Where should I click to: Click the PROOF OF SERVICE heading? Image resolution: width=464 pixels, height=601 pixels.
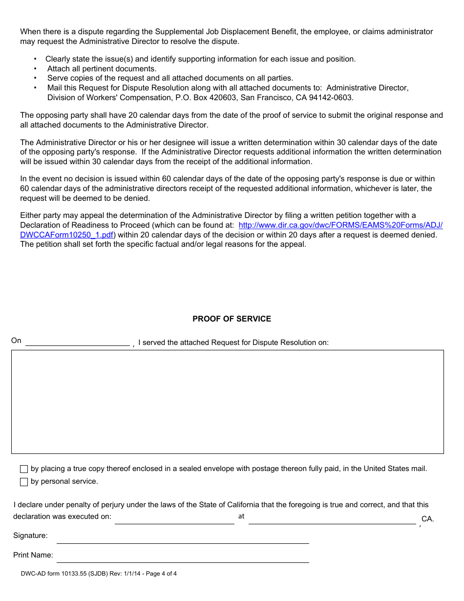[x=232, y=319]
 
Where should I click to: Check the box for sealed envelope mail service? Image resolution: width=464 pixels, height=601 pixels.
[x=24, y=469]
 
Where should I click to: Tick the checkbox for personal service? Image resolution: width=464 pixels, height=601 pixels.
[x=24, y=482]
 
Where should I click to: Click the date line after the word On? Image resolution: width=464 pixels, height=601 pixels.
[x=77, y=342]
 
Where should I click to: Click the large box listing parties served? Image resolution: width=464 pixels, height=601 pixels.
[x=228, y=402]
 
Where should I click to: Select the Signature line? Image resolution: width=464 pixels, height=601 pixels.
[x=183, y=538]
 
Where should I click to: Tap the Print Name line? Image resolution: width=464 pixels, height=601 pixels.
[x=183, y=557]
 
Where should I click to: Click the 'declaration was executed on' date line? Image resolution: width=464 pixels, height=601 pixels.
[x=174, y=519]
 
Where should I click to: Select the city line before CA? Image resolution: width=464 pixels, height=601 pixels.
[x=332, y=519]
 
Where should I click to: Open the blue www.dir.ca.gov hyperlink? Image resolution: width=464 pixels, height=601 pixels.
[x=340, y=225]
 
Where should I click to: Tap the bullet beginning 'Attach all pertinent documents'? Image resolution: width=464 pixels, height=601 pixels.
[x=102, y=69]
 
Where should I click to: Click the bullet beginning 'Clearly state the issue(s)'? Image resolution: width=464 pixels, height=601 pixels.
[x=200, y=59]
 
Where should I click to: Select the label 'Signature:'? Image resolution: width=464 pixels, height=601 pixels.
[x=30, y=536]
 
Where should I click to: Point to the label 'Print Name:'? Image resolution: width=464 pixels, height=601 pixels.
[x=33, y=555]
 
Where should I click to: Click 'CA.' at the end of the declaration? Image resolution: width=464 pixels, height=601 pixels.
[x=427, y=519]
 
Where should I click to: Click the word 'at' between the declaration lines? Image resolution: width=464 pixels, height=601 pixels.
[x=241, y=516]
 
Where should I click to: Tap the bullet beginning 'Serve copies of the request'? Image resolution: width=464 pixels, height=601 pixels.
[x=170, y=78]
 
